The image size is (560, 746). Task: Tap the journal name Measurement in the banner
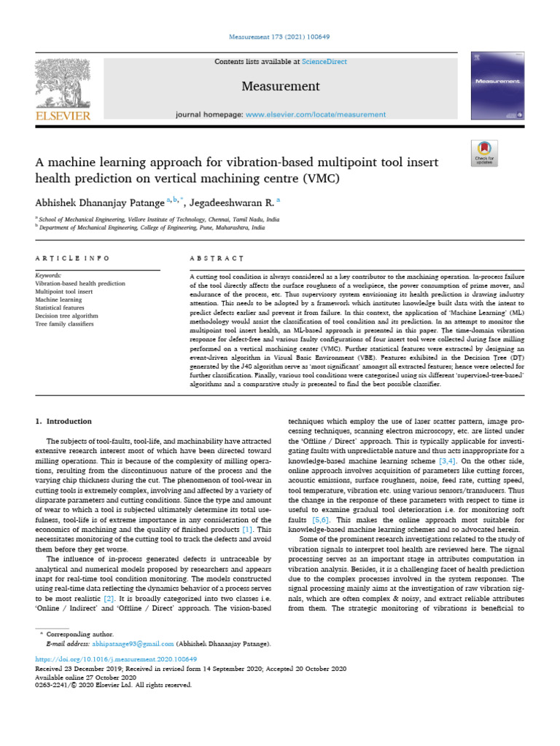pyautogui.click(x=281, y=87)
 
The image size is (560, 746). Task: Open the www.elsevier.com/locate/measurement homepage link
pyautogui.click(x=315, y=114)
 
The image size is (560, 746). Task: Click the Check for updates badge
pyautogui.click(x=484, y=152)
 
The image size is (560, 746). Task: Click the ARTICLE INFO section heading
pyautogui.click(x=73, y=259)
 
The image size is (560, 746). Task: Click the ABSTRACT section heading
pyautogui.click(x=217, y=259)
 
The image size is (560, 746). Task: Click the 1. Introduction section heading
pyautogui.click(x=64, y=422)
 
